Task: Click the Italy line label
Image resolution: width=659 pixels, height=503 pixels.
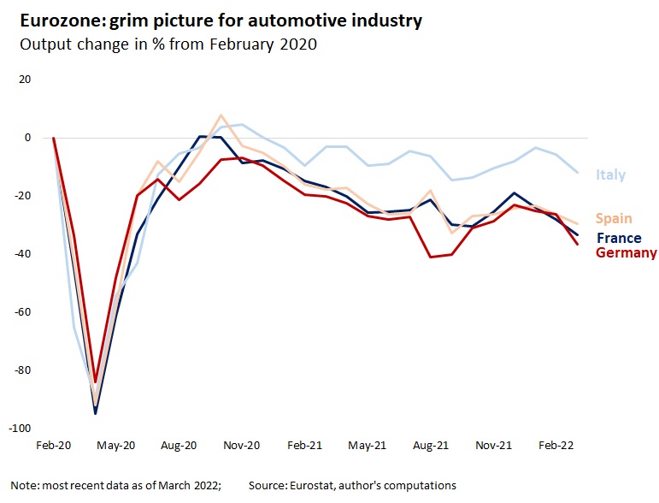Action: click(x=610, y=175)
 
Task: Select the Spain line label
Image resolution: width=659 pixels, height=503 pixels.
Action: click(x=614, y=219)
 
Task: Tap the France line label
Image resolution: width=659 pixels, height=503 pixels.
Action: click(x=619, y=238)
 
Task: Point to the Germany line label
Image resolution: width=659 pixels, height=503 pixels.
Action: click(x=626, y=252)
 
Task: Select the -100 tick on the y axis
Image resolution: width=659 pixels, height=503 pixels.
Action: click(x=20, y=428)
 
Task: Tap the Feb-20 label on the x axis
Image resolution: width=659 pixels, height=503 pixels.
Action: click(x=54, y=446)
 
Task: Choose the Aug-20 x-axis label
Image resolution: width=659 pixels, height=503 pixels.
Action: click(x=179, y=446)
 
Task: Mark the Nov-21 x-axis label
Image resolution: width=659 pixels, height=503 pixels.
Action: click(x=493, y=446)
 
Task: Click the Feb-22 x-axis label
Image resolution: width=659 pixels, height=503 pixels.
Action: click(x=556, y=446)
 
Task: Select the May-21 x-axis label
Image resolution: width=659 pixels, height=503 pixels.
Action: click(x=368, y=446)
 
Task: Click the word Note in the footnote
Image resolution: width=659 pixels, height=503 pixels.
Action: click(x=26, y=485)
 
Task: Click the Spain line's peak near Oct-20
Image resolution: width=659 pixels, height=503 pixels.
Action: click(x=221, y=115)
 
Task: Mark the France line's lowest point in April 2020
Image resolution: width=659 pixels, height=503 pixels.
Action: click(x=96, y=413)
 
